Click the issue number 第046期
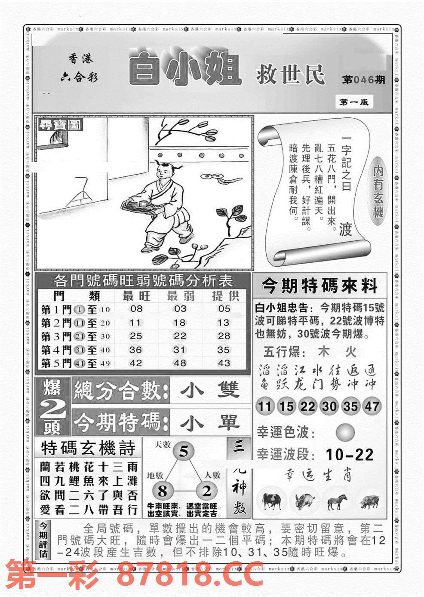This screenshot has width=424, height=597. (x=363, y=80)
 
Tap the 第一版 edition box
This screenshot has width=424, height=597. (x=353, y=102)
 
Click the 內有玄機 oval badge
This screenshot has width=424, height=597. (x=378, y=192)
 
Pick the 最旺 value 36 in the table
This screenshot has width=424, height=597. (x=136, y=350)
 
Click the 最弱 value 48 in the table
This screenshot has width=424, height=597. (x=180, y=363)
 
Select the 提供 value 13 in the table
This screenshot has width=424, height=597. (x=224, y=323)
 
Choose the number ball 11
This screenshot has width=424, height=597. (x=265, y=406)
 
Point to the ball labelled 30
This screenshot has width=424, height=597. (x=329, y=406)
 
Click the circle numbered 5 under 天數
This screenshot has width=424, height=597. (x=184, y=452)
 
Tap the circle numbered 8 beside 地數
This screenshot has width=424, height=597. (x=162, y=491)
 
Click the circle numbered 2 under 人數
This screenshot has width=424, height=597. (x=207, y=491)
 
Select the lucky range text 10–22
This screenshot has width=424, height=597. (x=349, y=454)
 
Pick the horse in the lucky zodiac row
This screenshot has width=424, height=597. (x=338, y=502)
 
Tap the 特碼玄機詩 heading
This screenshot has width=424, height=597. (x=88, y=448)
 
